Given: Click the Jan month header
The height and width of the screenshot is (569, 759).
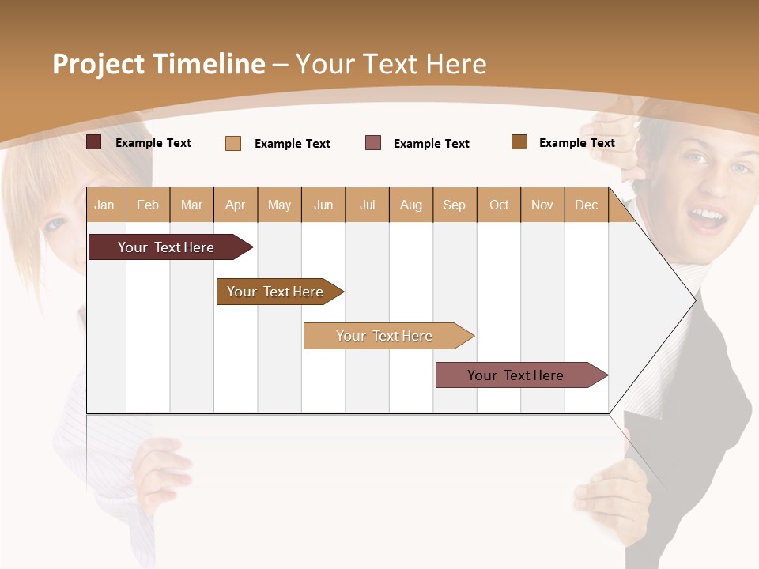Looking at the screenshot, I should click(105, 205).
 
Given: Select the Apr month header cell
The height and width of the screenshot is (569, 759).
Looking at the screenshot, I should click(236, 205).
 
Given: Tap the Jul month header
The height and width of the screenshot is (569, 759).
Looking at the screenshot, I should click(367, 205).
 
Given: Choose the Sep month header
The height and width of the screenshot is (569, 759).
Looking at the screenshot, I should click(455, 205).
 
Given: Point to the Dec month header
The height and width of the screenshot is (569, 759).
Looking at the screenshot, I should click(586, 205).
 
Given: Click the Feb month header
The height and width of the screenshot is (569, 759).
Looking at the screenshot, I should click(148, 205).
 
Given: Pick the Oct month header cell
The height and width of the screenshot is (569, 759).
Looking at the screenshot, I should click(499, 205).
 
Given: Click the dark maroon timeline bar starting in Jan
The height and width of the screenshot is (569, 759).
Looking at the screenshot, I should click(166, 247).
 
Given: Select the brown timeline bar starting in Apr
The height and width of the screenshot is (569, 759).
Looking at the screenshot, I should click(275, 292).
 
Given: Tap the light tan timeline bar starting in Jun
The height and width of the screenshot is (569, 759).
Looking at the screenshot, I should click(384, 336).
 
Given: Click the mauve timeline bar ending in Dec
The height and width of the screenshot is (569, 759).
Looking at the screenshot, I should click(515, 375).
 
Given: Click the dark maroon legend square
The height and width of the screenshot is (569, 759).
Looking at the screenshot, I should click(94, 142).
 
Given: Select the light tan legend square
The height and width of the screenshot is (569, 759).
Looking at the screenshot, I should click(233, 143).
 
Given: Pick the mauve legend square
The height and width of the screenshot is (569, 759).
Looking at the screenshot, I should click(373, 143).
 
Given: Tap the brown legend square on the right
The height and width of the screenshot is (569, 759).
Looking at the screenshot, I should click(519, 142).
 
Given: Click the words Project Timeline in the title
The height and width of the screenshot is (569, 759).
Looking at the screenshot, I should click(159, 64).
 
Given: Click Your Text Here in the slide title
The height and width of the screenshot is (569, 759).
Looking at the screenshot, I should click(391, 64).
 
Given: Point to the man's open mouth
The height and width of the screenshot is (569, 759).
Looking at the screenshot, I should click(707, 217).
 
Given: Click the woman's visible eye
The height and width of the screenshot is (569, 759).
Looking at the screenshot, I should click(55, 224).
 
